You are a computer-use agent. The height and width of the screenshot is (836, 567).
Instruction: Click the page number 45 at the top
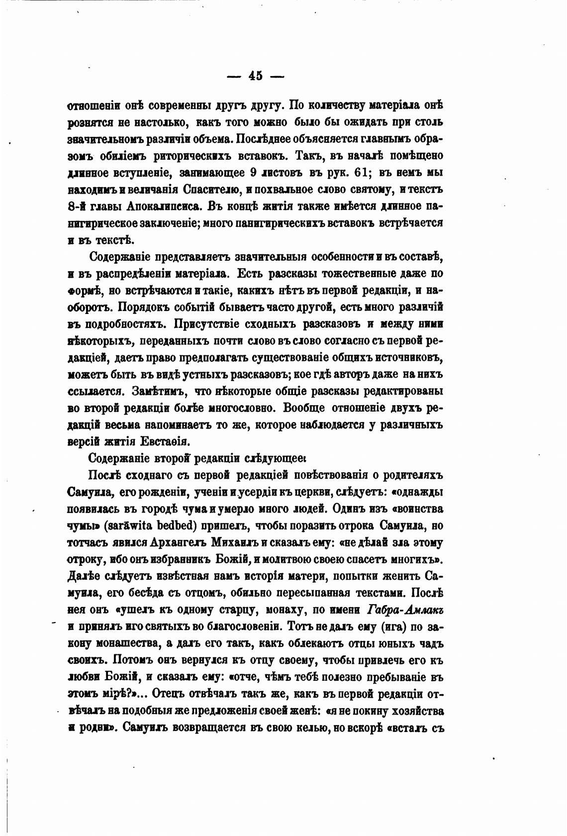pos(255,76)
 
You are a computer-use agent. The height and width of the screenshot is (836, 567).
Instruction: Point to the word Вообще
pos(304,408)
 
